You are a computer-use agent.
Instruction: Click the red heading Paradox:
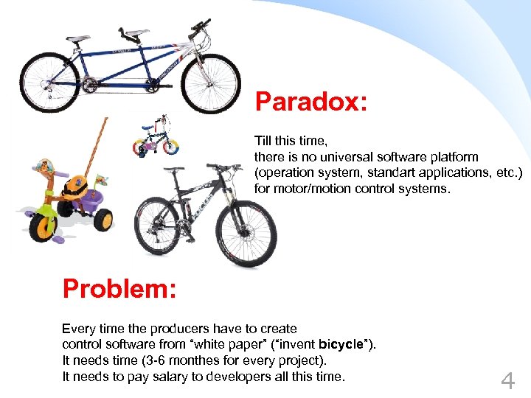point(310,102)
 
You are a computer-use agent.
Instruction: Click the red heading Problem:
point(119,288)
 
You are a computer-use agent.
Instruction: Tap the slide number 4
point(507,381)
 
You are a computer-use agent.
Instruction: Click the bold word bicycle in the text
point(341,343)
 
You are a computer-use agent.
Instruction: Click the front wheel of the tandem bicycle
point(210,83)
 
